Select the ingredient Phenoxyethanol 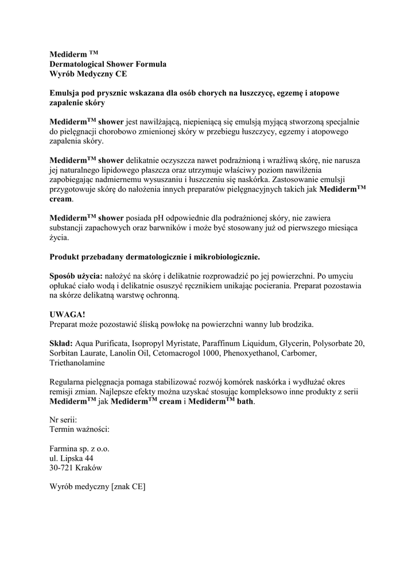(x=247, y=354)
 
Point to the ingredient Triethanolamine (x=78, y=363)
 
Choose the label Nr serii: (x=63, y=419)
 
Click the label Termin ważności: (x=80, y=429)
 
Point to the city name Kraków (x=90, y=468)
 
